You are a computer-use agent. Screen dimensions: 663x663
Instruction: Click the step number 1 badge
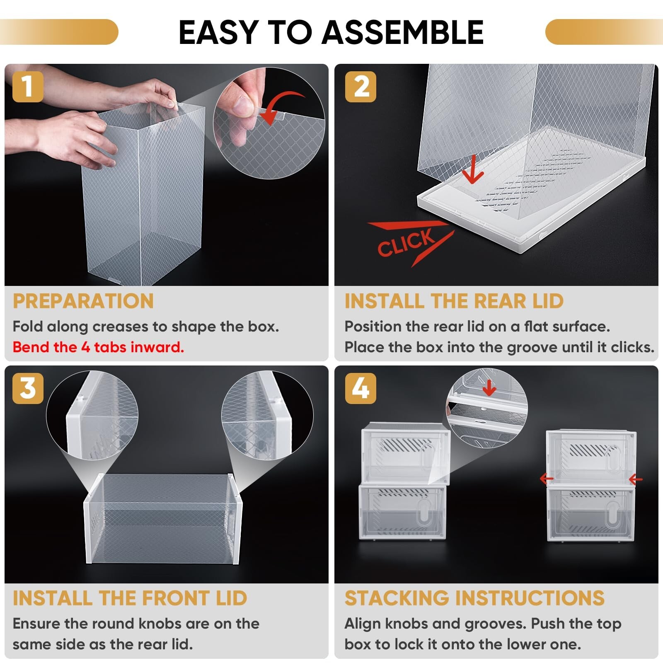pos(28,87)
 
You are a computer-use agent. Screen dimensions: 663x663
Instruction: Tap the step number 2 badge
pos(361,87)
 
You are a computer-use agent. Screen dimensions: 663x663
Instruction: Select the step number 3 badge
pos(28,388)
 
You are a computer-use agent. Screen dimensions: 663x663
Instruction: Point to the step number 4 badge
pos(361,388)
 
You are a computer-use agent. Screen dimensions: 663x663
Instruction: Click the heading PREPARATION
pos(83,301)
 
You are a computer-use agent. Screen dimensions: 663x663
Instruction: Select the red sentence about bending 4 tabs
pos(98,347)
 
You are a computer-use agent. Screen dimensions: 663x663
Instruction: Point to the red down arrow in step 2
pos(472,170)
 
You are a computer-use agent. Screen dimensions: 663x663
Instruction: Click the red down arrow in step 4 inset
pos(489,388)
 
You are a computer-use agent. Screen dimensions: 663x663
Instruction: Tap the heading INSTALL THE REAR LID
pos(454,301)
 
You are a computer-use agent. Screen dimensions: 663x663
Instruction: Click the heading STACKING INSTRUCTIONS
pos(474,598)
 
